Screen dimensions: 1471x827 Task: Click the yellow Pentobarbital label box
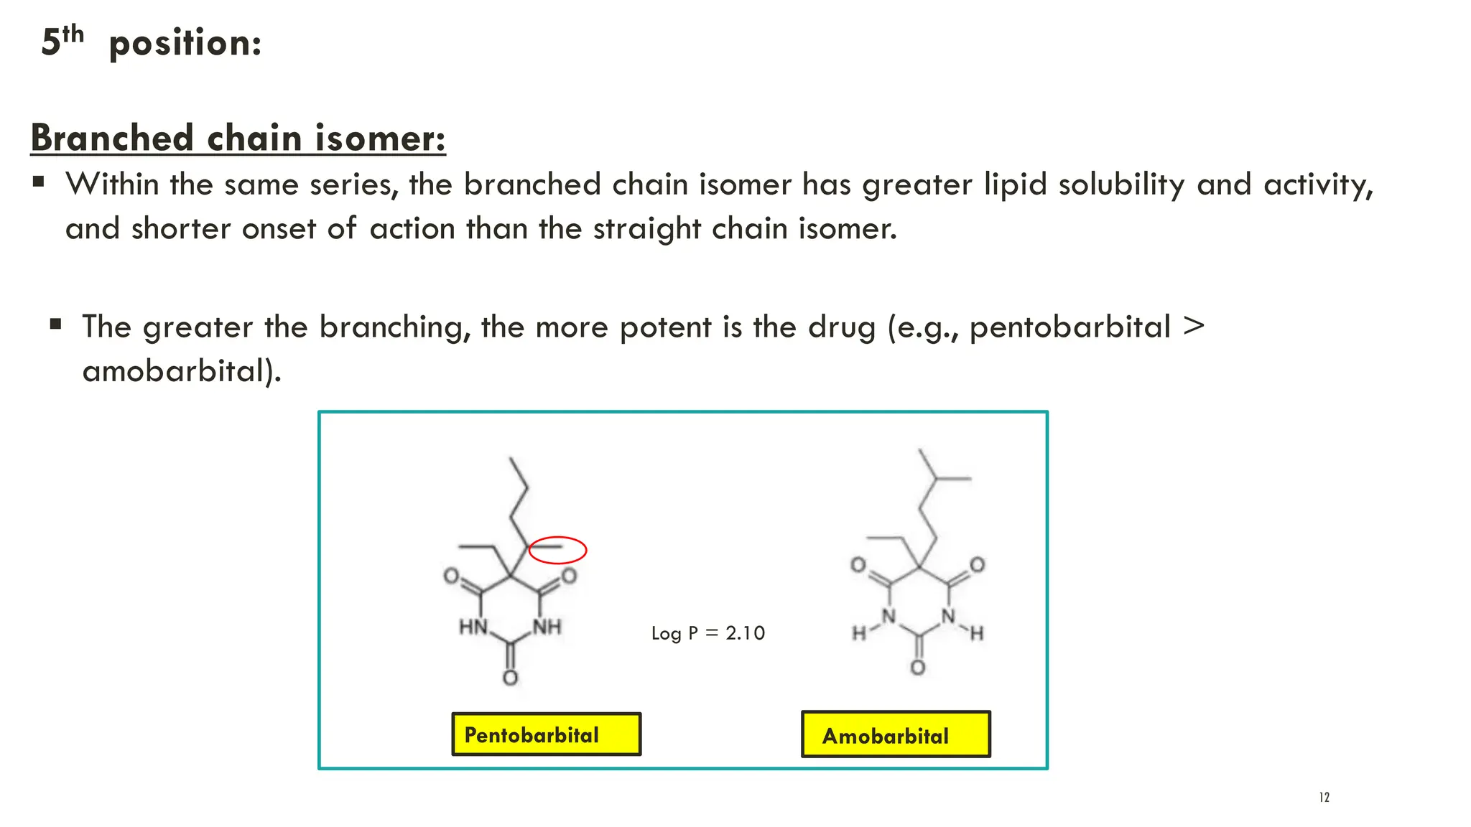click(x=546, y=734)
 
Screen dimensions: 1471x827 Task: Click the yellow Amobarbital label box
click(x=896, y=734)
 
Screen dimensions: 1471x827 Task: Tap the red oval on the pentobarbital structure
click(x=557, y=550)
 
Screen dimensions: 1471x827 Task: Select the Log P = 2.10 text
click(x=708, y=633)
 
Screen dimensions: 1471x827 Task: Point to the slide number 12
click(x=1324, y=798)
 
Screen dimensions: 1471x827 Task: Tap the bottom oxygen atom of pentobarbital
click(x=510, y=678)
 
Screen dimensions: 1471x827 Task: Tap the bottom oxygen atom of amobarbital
click(x=918, y=668)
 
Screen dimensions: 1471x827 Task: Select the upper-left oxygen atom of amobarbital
click(x=858, y=565)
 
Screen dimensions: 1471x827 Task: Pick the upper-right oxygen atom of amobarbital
click(x=977, y=565)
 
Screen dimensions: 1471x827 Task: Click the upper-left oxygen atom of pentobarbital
click(x=451, y=576)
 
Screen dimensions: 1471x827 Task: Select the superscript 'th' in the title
click(x=73, y=34)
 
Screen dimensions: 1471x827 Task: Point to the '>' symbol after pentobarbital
click(x=1193, y=326)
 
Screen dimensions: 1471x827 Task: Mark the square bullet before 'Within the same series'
click(x=39, y=182)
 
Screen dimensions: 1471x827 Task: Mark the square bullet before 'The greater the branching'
click(x=56, y=324)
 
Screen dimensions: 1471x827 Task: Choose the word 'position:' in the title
click(x=185, y=43)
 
